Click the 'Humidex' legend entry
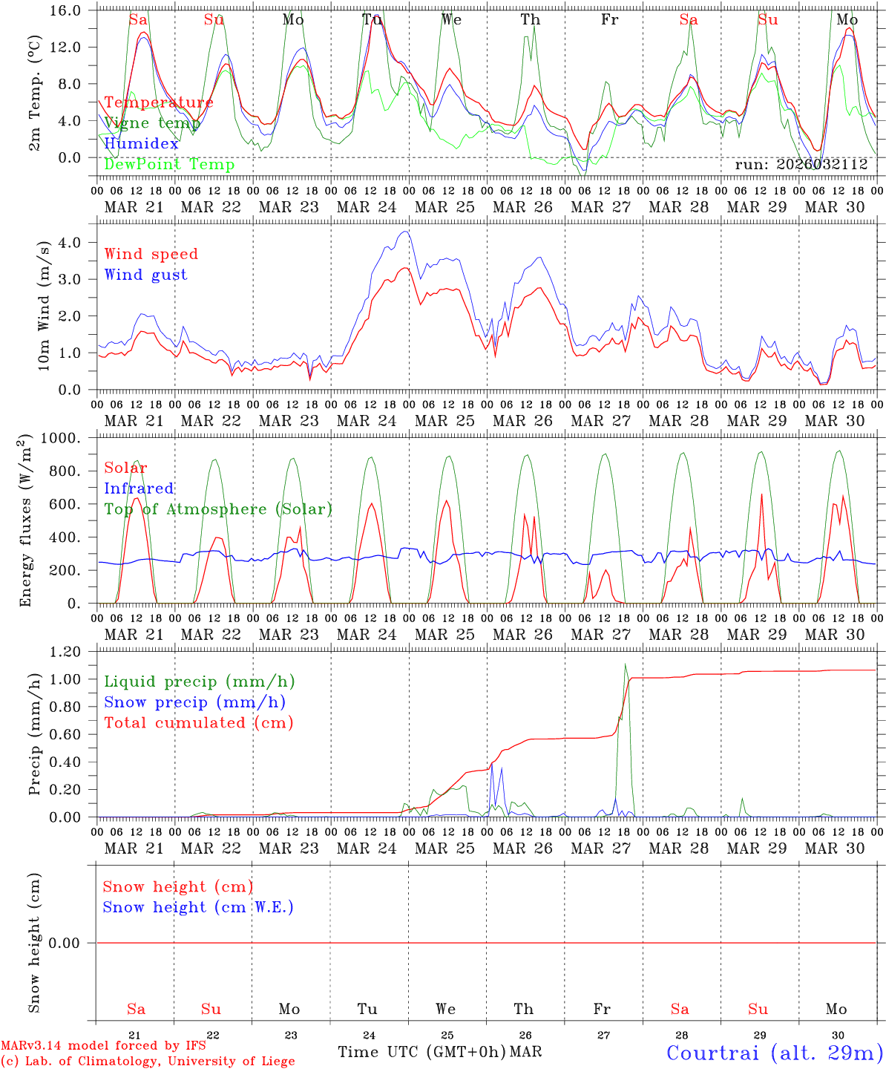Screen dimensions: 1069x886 (142, 144)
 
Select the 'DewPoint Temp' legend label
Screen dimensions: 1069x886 (169, 165)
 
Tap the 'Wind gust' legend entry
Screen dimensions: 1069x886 (145, 275)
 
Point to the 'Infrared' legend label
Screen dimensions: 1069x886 (139, 488)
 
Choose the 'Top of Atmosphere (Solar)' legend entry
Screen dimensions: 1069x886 (218, 509)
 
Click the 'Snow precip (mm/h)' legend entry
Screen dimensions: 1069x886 (194, 702)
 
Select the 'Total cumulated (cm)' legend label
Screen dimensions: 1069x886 (198, 723)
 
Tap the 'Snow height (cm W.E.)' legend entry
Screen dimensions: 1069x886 (198, 907)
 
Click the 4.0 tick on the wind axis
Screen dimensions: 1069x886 (79, 243)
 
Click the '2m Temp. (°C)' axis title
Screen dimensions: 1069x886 (34, 92)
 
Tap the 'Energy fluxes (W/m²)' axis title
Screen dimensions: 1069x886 (25, 520)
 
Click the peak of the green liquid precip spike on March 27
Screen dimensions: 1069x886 (626, 664)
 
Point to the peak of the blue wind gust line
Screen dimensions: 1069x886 (404, 232)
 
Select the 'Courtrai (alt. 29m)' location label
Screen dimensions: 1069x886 (774, 1053)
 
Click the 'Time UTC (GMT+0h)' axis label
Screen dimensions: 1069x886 (422, 1052)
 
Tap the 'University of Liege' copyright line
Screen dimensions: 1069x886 (148, 1062)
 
